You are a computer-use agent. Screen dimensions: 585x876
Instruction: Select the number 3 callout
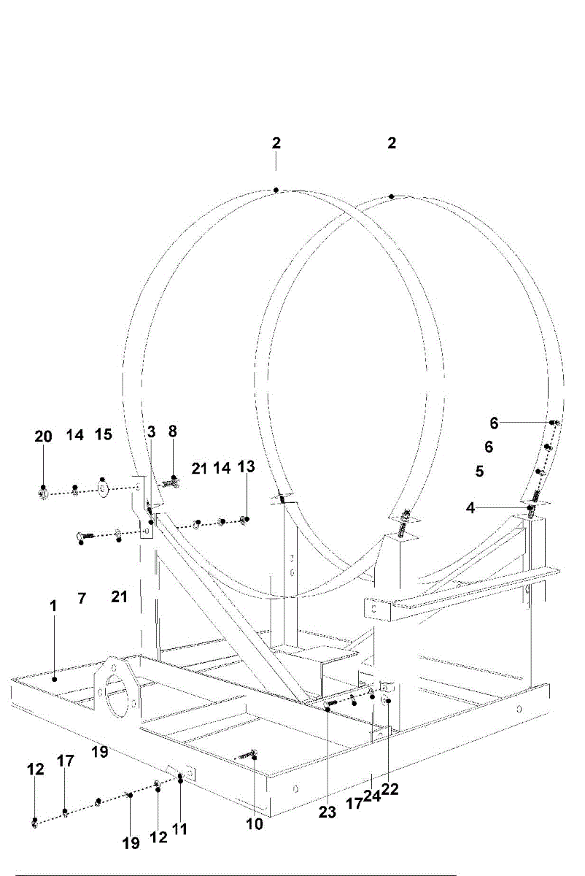tap(151, 432)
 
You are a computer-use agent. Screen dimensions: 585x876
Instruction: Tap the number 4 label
tap(471, 508)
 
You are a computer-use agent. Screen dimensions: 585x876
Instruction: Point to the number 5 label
tap(479, 472)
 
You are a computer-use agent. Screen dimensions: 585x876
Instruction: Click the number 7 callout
tap(82, 599)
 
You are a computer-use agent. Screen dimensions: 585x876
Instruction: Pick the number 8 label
tap(173, 431)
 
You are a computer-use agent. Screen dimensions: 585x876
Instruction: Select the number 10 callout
tap(254, 824)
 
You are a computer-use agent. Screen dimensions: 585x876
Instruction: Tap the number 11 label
tap(179, 829)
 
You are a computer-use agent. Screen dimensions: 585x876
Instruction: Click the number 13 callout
tap(247, 467)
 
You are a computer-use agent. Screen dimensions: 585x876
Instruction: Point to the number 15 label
tap(103, 435)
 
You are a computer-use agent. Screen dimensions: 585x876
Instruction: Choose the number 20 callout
tap(43, 437)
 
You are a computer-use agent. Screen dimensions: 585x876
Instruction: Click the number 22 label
tap(390, 789)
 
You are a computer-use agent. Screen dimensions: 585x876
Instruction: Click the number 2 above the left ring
tap(276, 143)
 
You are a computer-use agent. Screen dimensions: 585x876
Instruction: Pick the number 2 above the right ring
tap(392, 143)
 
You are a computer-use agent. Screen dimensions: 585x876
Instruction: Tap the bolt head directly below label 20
tap(43, 494)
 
